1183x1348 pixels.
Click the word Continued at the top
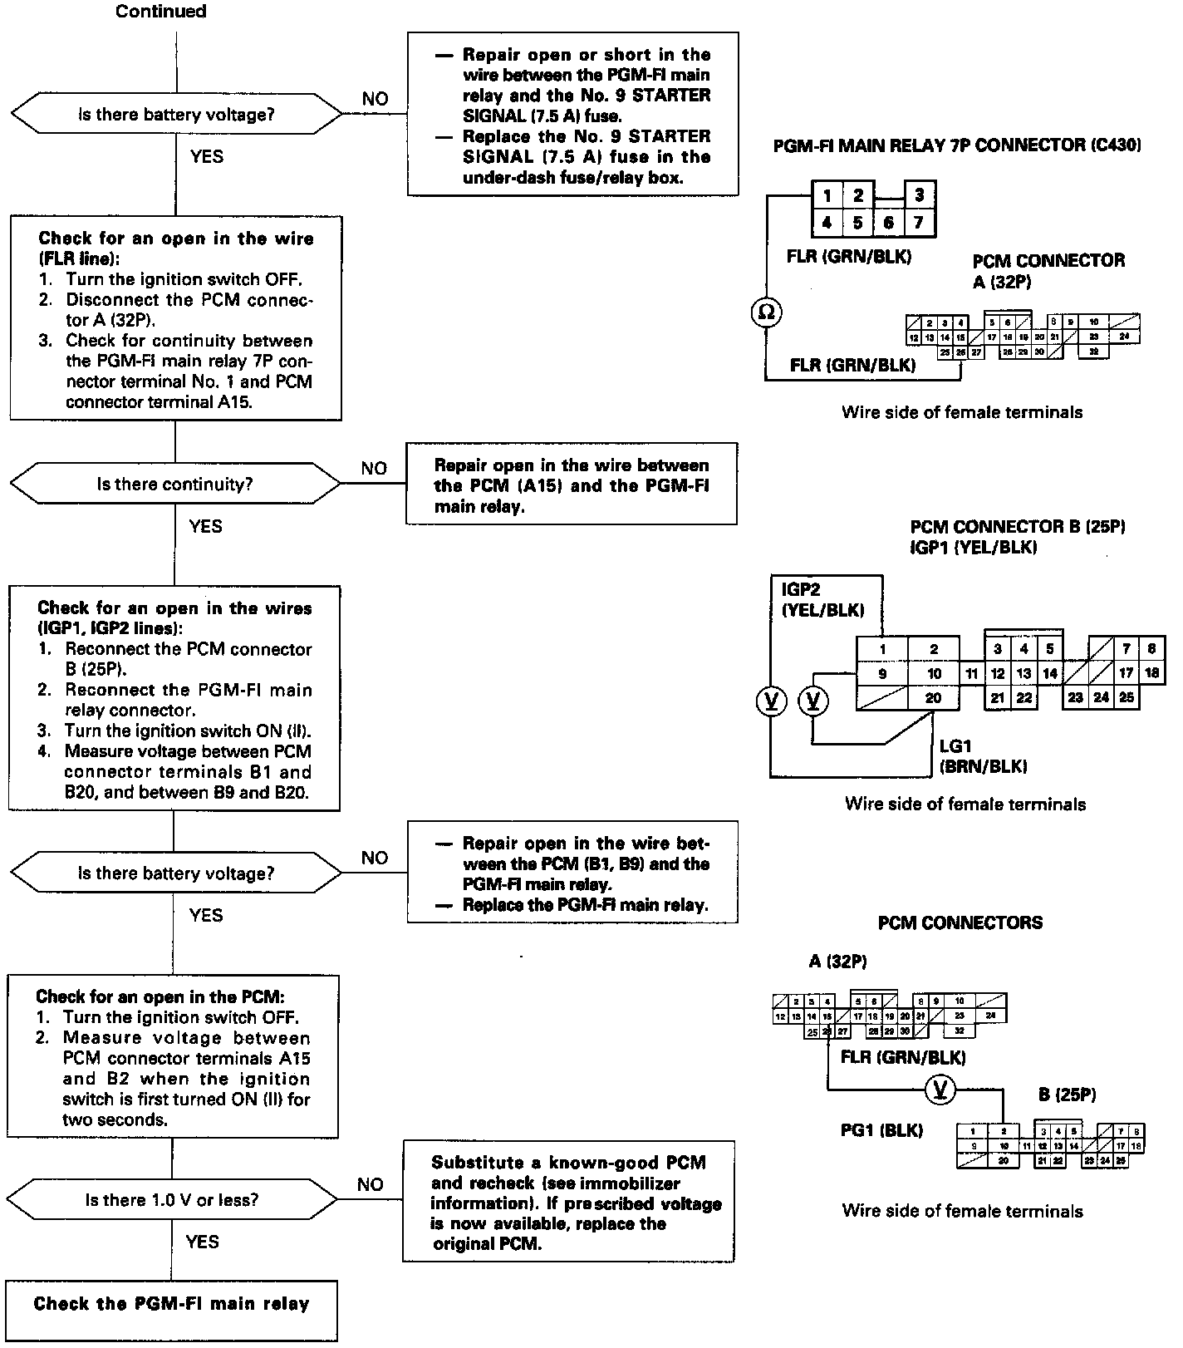pos(161,12)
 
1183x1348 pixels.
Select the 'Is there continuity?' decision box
pos(174,485)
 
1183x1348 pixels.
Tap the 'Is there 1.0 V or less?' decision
pos(172,1200)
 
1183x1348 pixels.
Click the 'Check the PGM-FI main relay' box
pos(171,1304)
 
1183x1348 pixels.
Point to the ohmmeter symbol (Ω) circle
pos(767,312)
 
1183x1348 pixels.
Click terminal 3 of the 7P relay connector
pos(919,196)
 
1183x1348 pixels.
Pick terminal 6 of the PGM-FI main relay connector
pos(888,223)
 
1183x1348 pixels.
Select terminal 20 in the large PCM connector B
pos(934,698)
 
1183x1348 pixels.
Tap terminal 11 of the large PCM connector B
pos(972,673)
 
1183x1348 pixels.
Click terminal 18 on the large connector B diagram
pos(1151,673)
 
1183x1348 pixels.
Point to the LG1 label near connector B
pos(955,747)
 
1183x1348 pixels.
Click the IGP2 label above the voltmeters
pos(801,589)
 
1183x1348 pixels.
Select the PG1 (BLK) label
pos(881,1130)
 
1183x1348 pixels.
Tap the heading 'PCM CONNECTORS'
pos(960,922)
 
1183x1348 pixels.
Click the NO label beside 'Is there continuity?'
pos(374,469)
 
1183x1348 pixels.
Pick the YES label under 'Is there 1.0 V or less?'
pos(203,1242)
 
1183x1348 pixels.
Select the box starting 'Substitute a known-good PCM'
pos(569,1202)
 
